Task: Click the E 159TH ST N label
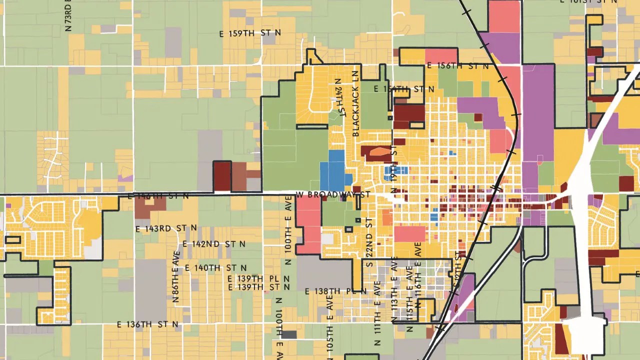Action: click(x=250, y=33)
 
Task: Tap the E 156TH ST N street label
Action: click(x=457, y=66)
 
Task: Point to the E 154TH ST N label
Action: click(x=404, y=89)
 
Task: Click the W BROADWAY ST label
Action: click(x=333, y=194)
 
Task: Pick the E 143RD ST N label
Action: click(x=166, y=228)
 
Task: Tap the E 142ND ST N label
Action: click(x=213, y=244)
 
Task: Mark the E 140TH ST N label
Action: click(x=215, y=268)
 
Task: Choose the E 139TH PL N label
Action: click(x=258, y=278)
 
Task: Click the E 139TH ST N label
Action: click(x=258, y=287)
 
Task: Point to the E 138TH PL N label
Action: click(x=335, y=291)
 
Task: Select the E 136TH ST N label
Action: click(x=147, y=324)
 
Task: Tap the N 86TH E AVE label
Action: click(x=176, y=277)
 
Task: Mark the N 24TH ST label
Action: click(x=339, y=98)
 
